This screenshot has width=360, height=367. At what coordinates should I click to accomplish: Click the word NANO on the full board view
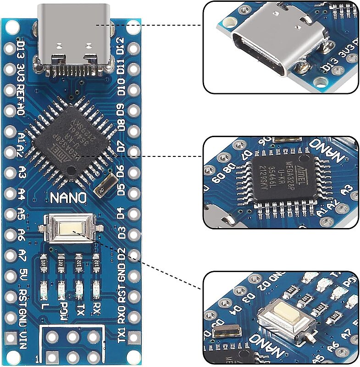coord(68,198)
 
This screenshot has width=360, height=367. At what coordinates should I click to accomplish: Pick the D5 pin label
coord(122,190)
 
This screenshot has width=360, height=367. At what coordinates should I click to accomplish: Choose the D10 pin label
coord(122,87)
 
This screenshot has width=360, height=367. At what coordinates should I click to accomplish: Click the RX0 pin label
coord(122,317)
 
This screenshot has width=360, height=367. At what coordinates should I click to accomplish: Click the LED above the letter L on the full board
coord(44,289)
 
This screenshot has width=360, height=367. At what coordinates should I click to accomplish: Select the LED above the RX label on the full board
coord(96,289)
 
